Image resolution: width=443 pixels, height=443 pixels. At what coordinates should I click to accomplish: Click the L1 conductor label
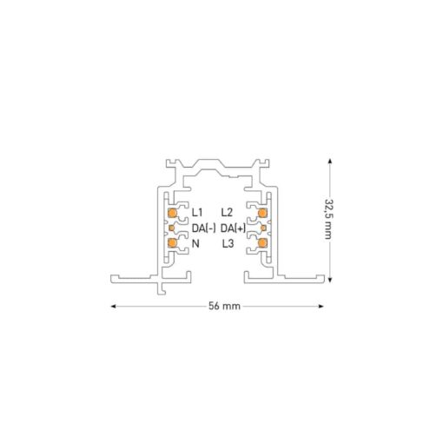point(197,213)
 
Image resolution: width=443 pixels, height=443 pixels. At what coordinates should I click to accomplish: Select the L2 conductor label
point(227,213)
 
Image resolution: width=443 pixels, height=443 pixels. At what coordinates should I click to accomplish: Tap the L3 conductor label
point(228,244)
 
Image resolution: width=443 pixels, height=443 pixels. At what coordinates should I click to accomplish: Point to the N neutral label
point(195,244)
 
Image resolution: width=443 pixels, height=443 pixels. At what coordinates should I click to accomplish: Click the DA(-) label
point(204,228)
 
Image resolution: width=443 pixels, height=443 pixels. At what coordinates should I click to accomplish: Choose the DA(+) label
point(234,228)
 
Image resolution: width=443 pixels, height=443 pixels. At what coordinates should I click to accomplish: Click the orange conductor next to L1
point(173,213)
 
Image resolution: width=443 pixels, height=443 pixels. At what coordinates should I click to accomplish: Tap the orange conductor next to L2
point(262,213)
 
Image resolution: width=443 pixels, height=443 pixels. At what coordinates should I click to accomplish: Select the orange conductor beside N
point(173,243)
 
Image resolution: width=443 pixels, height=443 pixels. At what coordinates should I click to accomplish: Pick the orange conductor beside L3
point(262,243)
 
